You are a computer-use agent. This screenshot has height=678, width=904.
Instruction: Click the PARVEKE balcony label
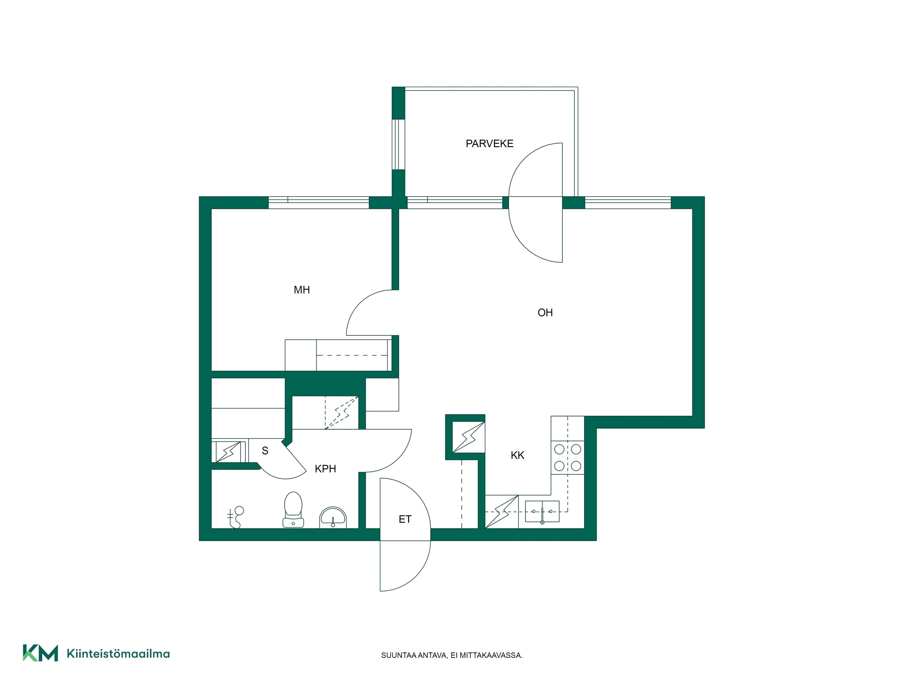(489, 144)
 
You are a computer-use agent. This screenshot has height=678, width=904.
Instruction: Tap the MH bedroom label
(302, 290)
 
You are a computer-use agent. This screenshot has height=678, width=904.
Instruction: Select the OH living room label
(545, 313)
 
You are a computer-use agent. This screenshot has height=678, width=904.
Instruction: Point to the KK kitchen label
(517, 455)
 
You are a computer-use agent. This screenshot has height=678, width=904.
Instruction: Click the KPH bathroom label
(325, 469)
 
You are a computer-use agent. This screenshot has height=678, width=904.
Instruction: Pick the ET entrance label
(405, 519)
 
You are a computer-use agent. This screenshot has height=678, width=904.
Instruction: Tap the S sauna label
(265, 451)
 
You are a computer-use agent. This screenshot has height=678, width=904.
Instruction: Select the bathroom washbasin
(333, 517)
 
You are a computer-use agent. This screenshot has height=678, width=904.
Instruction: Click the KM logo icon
(40, 653)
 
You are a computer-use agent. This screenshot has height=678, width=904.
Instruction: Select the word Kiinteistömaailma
(118, 654)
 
